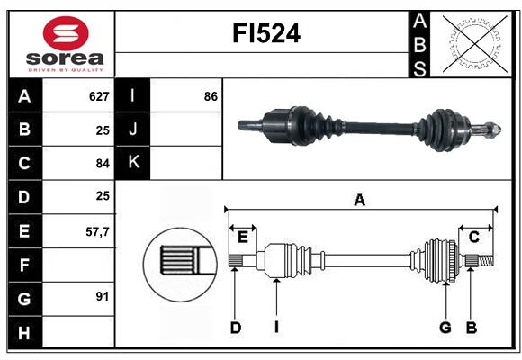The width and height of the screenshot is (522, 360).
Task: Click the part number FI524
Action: coord(266,33)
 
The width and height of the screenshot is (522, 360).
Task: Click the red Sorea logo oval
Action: coord(66,33)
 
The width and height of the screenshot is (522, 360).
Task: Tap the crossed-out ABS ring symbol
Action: coord(475,43)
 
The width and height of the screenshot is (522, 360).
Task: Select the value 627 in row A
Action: coord(99,96)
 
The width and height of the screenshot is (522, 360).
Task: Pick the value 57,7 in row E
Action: coord(97,232)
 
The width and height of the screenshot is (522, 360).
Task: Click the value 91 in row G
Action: coord(103,296)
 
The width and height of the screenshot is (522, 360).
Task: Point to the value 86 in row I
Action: coord(211,96)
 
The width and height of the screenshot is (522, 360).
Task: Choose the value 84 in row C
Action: coord(103,164)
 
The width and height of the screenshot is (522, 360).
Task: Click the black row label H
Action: coord(25,332)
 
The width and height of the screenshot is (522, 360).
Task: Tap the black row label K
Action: coord(133,163)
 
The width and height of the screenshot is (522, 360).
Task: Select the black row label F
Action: coord(25,265)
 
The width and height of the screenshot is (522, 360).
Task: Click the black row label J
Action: coord(133,130)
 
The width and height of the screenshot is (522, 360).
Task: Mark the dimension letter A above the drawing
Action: coord(360,200)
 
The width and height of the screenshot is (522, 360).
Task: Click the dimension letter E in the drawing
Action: coord(243,238)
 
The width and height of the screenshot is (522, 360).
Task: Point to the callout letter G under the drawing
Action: coord(445,328)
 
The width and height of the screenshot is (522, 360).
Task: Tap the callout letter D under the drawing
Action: coord(236,328)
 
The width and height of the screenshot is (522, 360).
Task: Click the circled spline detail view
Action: coord(180,265)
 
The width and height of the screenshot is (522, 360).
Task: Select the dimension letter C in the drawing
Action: coord(474,237)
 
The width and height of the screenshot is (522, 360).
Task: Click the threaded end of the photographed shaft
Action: coord(491,129)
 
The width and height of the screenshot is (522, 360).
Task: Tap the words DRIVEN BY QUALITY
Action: coord(66,70)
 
